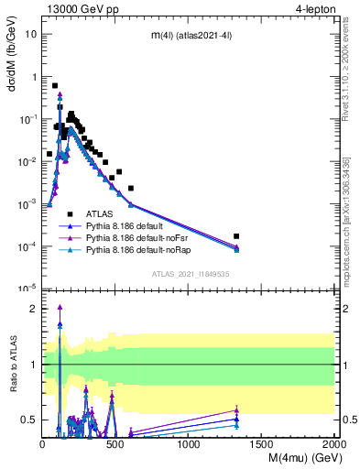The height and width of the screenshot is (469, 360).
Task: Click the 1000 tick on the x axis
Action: (189, 442)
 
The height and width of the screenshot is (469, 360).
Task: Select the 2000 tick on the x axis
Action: (334, 442)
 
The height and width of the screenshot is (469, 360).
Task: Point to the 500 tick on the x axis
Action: (115, 442)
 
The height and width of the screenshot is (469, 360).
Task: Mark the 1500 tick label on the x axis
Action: (262, 442)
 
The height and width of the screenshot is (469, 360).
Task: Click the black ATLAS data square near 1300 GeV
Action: (236, 236)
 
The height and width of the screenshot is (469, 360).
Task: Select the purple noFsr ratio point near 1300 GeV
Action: (236, 411)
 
